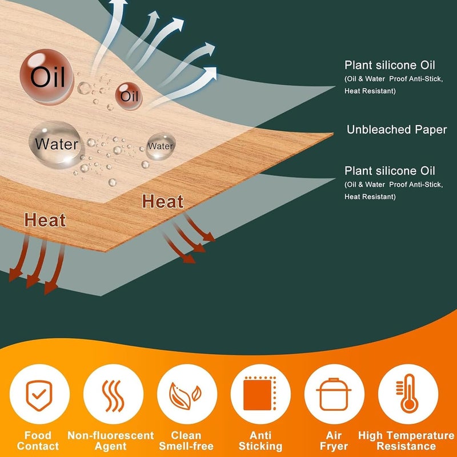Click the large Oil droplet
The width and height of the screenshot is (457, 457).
pos(46,77)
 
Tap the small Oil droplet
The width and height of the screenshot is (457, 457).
pos(129,96)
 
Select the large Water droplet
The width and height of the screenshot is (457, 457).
pos(56,145)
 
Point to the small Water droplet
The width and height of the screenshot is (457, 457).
pos(161,146)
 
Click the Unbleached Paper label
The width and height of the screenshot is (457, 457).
pos(396,130)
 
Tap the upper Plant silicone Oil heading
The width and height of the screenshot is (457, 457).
pos(390,65)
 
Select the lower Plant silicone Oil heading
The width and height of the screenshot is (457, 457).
pos(390,171)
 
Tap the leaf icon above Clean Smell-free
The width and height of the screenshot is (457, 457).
pos(185,395)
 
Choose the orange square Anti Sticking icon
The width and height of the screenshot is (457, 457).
pos(260,393)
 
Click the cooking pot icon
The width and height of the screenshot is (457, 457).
pos(334,394)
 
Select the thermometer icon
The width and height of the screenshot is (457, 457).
pos(407,393)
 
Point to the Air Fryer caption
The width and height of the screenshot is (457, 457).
pos(334,440)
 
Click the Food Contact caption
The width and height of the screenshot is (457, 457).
pos(38,440)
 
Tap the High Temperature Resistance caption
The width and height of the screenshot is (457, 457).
pos(406,440)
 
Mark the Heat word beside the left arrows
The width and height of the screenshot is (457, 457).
pos(45,220)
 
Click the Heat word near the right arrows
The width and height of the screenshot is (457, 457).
pos(163,202)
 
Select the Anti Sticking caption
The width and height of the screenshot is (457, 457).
pos(260,440)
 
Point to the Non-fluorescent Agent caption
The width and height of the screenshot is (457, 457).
pos(110,440)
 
